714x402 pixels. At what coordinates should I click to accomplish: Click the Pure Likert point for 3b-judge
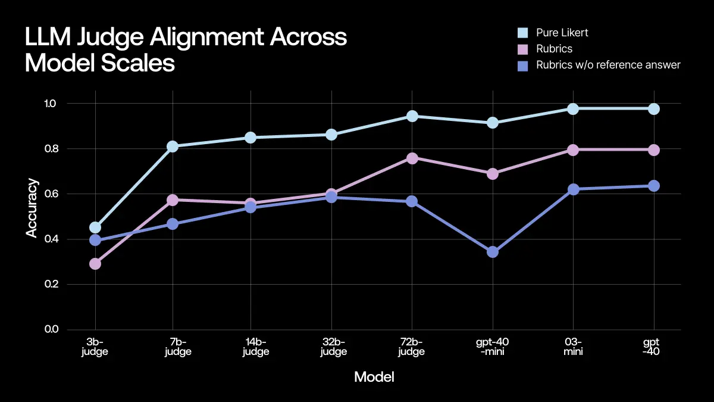(95, 228)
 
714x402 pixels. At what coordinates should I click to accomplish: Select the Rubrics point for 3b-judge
(95, 263)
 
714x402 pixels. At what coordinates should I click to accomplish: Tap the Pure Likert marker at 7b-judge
(173, 147)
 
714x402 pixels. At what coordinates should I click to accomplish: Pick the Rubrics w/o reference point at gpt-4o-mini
(493, 252)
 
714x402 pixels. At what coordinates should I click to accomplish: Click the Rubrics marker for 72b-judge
(412, 158)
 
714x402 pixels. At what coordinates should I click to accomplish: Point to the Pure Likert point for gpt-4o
(653, 108)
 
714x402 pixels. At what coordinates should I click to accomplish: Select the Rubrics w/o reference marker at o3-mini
(573, 189)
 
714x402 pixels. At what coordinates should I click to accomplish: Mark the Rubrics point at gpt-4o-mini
(493, 174)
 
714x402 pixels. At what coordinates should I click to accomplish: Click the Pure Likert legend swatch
(523, 33)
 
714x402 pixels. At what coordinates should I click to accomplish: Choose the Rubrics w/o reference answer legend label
(608, 65)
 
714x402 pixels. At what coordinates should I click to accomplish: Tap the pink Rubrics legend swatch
(523, 49)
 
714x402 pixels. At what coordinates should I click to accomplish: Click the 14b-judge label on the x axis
(255, 347)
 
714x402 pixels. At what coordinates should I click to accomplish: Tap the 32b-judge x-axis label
(333, 347)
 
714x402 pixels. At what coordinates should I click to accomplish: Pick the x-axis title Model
(374, 377)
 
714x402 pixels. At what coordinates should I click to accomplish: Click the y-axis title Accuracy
(32, 208)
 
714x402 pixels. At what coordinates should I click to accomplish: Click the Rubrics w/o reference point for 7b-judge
(173, 224)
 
